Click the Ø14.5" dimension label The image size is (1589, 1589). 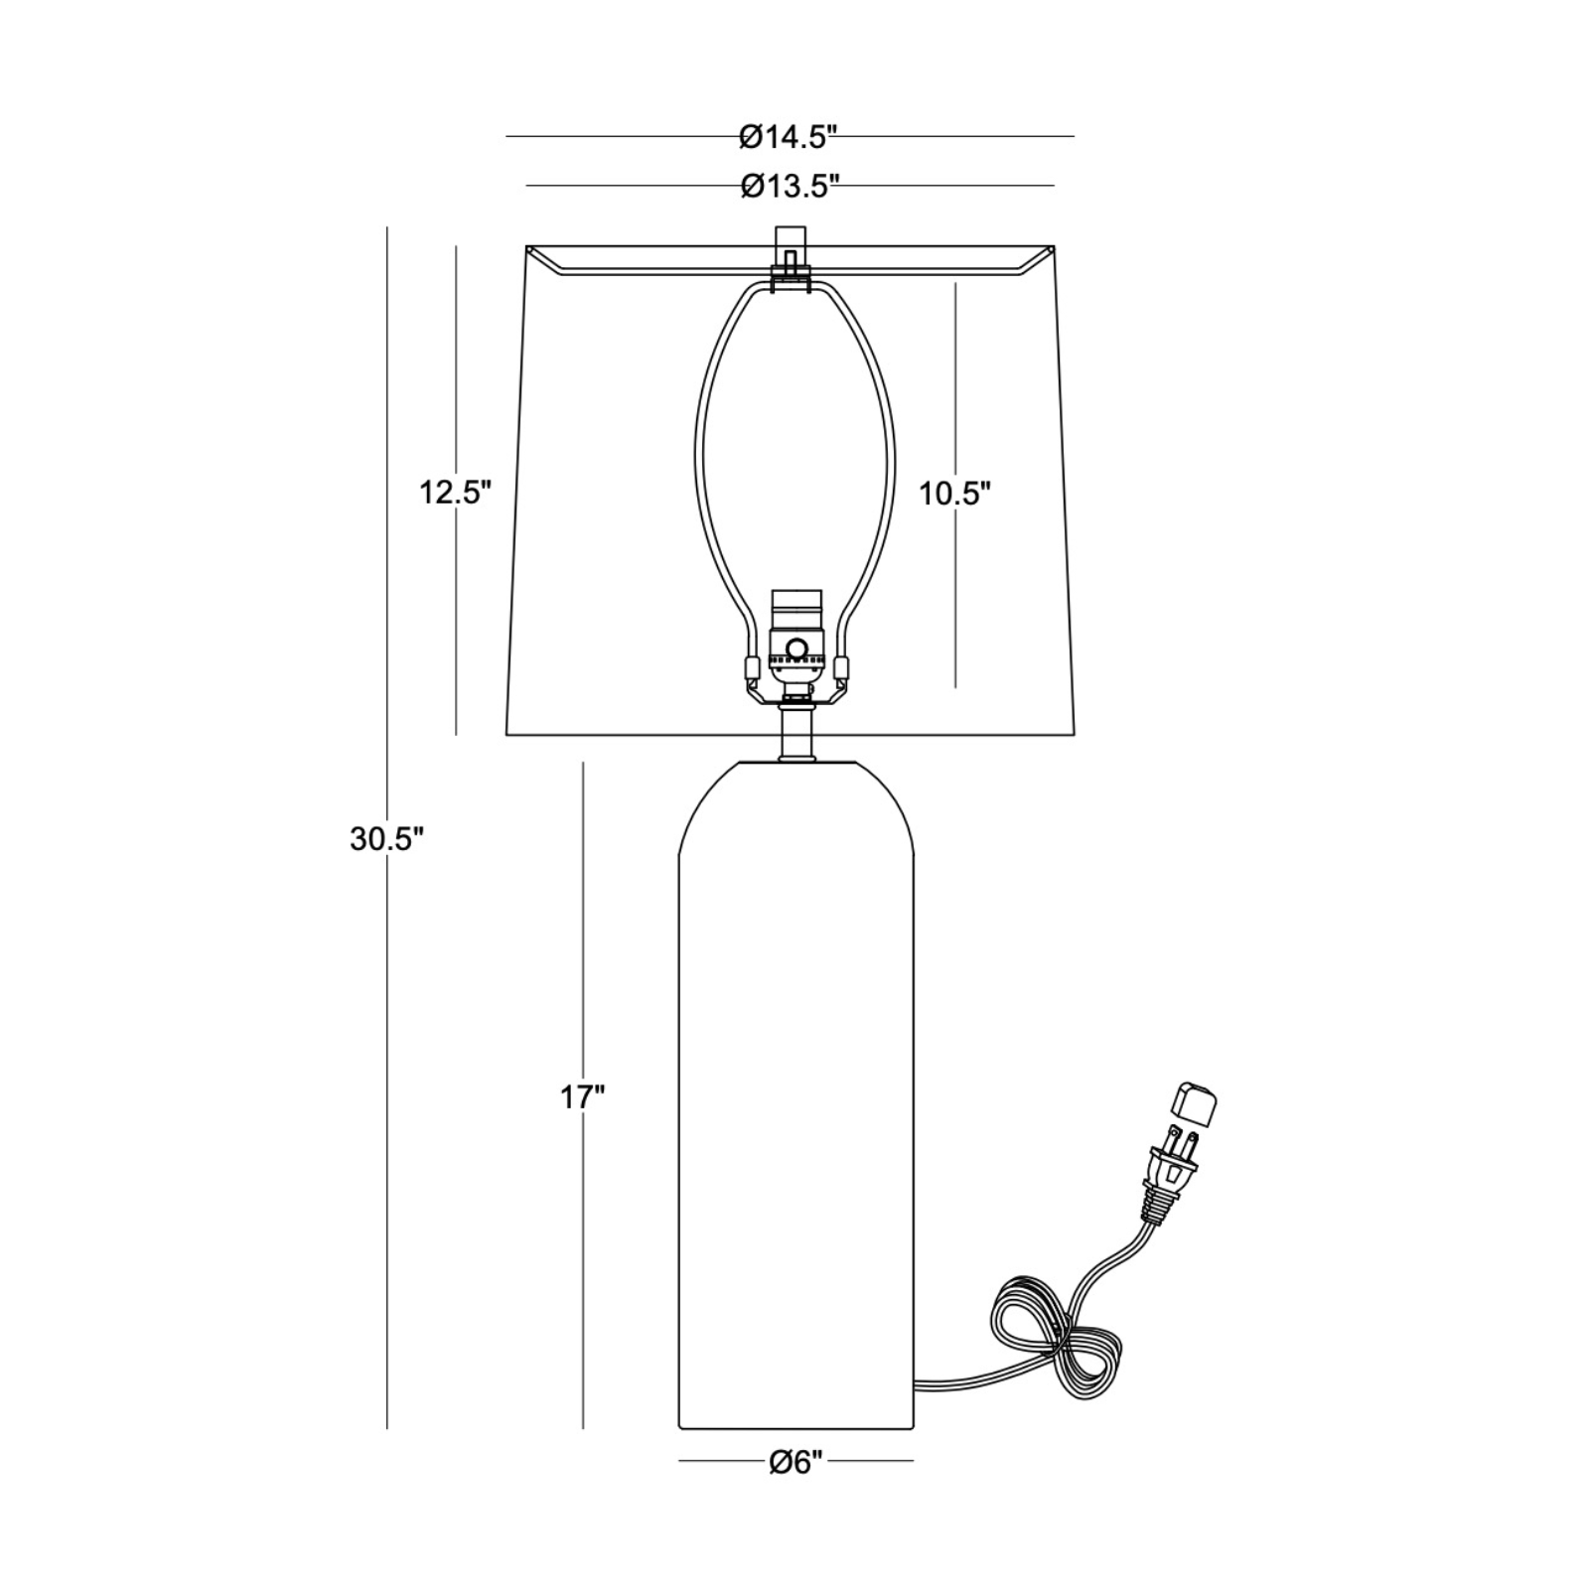coord(790,137)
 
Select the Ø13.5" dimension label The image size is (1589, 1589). coord(791,186)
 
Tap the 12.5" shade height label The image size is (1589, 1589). coord(455,492)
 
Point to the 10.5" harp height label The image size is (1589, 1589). coord(955,493)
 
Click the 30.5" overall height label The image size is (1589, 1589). coord(387,839)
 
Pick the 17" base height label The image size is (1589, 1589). coord(583,1097)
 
